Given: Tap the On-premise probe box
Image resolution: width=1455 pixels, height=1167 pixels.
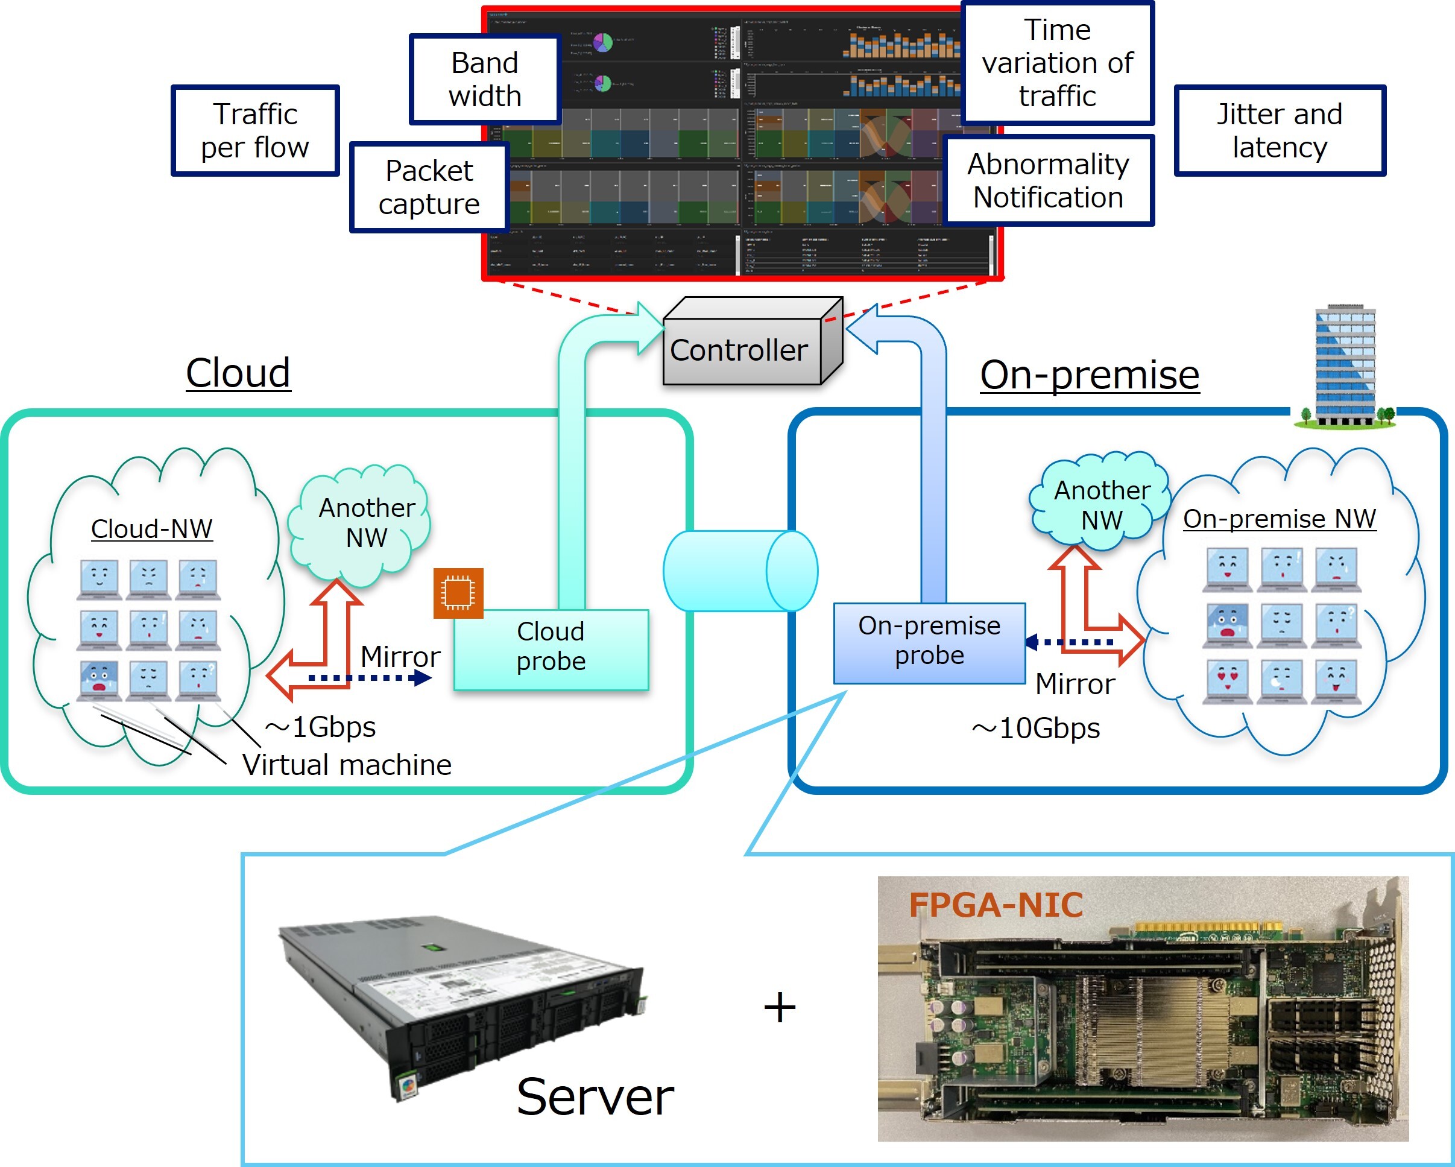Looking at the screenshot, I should (929, 642).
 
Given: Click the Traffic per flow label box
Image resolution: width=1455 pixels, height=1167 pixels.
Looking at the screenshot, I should (255, 131).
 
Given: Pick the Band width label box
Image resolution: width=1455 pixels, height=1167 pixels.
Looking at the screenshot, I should (485, 80).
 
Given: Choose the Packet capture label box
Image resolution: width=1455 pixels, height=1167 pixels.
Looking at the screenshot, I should (429, 188).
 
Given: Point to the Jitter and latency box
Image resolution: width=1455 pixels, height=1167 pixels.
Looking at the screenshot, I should (1280, 131).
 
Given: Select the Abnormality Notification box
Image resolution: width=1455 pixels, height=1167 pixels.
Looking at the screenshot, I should (1048, 181).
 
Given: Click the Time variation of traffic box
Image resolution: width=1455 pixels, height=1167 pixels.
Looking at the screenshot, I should (1058, 63).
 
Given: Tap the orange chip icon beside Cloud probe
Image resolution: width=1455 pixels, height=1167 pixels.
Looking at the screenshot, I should (458, 593).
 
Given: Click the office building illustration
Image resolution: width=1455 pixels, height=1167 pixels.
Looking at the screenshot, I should (1345, 367).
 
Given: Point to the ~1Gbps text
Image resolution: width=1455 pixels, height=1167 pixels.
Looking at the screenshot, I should (321, 727).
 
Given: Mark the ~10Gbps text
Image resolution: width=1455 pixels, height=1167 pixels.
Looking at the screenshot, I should (1036, 729).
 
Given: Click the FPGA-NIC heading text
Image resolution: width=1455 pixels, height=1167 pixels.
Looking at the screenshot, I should (996, 905).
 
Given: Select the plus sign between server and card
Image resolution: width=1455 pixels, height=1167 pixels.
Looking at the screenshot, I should (780, 1008).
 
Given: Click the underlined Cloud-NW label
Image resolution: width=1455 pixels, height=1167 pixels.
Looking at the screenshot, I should (152, 529).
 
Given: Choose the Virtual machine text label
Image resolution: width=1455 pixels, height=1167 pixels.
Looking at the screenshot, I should (347, 765).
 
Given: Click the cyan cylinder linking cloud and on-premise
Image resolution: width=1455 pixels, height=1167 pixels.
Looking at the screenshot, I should (740, 571).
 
